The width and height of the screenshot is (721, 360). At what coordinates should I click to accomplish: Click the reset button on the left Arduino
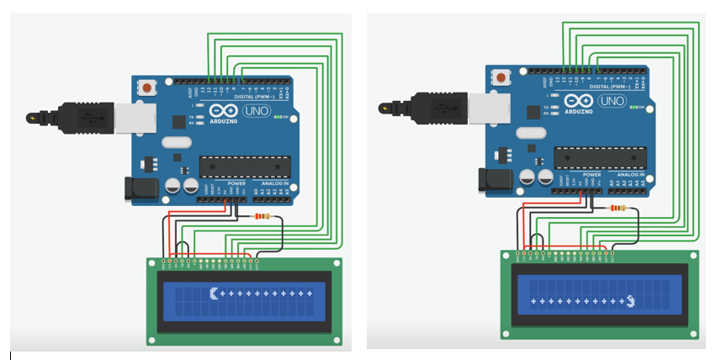(x=149, y=86)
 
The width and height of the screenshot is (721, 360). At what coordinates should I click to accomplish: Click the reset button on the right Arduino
(x=503, y=77)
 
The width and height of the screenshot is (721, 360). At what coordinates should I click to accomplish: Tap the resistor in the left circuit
(x=262, y=216)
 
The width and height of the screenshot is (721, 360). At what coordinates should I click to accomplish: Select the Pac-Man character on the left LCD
(x=214, y=294)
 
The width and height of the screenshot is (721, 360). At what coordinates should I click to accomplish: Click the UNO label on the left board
(x=255, y=111)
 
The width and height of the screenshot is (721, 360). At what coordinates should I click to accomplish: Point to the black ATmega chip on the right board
(x=599, y=158)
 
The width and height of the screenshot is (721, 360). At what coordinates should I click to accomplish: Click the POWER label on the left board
(x=236, y=183)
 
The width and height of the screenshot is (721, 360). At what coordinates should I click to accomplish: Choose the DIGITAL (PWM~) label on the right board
(x=613, y=86)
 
